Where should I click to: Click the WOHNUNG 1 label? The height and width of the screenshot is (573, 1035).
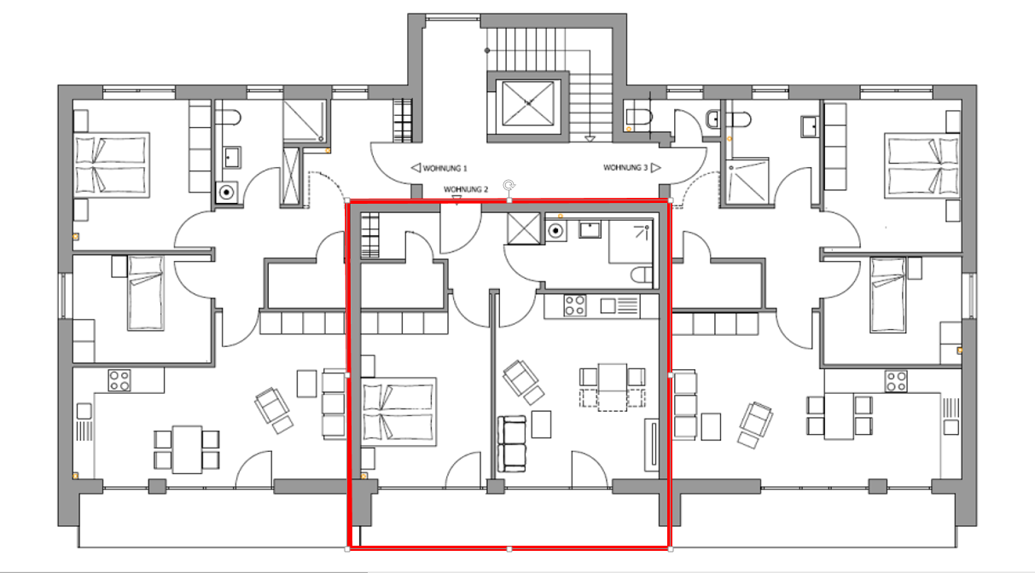click(445, 169)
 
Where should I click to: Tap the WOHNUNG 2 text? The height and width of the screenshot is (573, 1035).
click(466, 189)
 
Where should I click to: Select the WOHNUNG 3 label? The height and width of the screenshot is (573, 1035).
click(625, 168)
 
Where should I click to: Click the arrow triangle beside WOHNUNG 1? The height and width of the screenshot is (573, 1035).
click(416, 168)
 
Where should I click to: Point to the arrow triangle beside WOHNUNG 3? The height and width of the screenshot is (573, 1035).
click(656, 168)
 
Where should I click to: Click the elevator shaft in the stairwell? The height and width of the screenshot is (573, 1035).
click(528, 103)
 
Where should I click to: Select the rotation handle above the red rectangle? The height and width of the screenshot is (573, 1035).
click(509, 186)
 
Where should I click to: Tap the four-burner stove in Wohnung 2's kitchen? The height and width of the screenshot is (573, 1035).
click(575, 305)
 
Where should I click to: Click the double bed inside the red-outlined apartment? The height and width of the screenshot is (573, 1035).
click(398, 412)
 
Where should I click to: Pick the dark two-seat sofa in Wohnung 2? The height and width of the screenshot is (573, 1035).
click(512, 443)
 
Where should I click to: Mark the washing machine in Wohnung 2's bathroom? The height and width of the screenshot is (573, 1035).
click(555, 230)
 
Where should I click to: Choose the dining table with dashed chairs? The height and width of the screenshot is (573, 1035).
click(613, 387)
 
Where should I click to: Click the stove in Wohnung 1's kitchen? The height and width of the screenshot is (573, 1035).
click(119, 380)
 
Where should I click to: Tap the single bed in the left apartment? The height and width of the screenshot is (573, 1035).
click(146, 293)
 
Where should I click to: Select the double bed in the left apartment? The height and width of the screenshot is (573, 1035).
click(112, 165)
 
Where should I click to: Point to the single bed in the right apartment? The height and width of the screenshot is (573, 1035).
click(888, 294)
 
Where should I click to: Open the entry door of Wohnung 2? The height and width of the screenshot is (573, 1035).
click(461, 229)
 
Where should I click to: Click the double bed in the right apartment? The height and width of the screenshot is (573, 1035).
click(922, 165)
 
